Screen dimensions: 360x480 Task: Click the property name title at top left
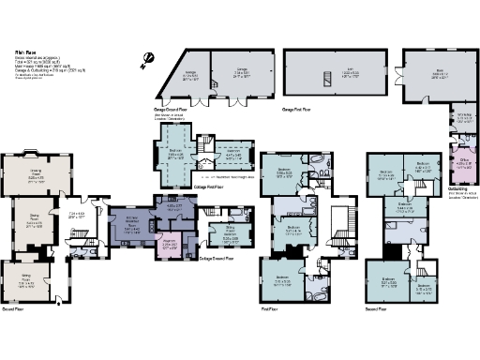tap(24, 52)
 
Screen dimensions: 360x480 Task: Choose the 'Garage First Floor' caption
tap(299, 110)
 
